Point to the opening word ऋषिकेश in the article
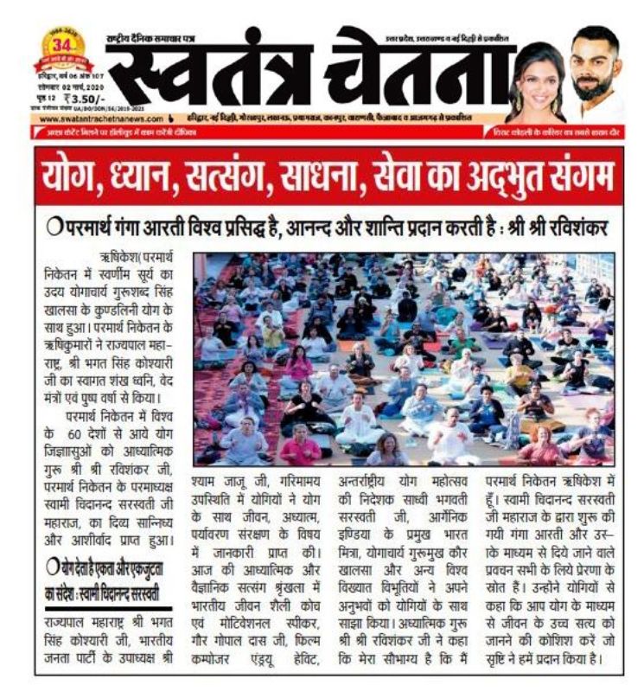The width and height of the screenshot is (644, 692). pyautogui.click(x=120, y=258)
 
